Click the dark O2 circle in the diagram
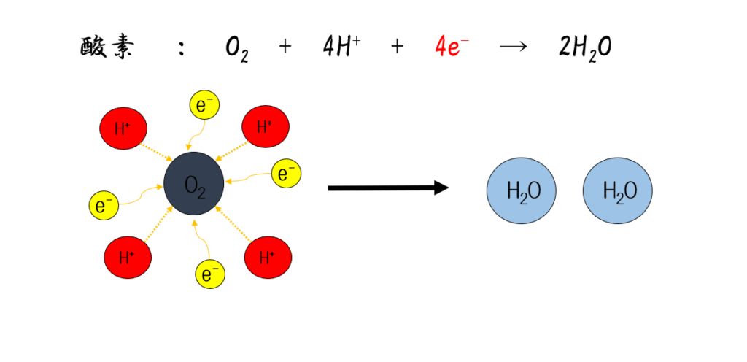tap(194, 184)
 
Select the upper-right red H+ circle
tap(266, 127)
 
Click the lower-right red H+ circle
tap(268, 257)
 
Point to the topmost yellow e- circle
tap(204, 106)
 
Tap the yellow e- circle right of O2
tap(285, 174)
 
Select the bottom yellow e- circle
tap(210, 274)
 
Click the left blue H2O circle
tap(521, 190)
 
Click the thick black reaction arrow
tap(387, 188)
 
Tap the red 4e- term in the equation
tap(452, 47)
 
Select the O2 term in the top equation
tap(237, 49)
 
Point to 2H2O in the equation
tap(584, 48)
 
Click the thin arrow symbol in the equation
tap(514, 47)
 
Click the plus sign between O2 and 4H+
tap(285, 47)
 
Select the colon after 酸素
tap(180, 48)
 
